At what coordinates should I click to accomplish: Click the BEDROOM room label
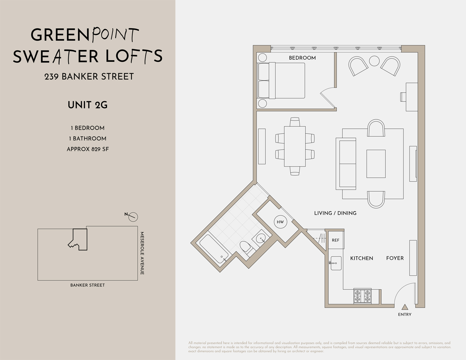pyautogui.click(x=302, y=58)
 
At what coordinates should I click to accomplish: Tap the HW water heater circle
pyautogui.click(x=280, y=222)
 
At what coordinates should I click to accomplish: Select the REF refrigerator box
pyautogui.click(x=336, y=240)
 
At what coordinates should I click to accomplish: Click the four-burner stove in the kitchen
pyautogui.click(x=363, y=296)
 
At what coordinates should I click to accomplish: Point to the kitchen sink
pyautogui.click(x=336, y=263)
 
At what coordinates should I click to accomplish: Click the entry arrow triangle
pyautogui.click(x=404, y=307)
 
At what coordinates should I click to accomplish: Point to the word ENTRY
pyautogui.click(x=404, y=315)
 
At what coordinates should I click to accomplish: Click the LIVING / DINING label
pyautogui.click(x=335, y=213)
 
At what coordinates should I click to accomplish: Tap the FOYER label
pyautogui.click(x=395, y=258)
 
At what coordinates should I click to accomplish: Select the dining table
pyautogui.click(x=295, y=146)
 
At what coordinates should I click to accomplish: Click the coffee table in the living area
pyautogui.click(x=376, y=164)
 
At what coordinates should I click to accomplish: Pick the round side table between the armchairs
pyautogui.click(x=374, y=61)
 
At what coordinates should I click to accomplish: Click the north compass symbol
pyautogui.click(x=133, y=216)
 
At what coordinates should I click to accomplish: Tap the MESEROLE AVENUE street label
pyautogui.click(x=142, y=253)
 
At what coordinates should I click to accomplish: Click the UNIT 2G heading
pyautogui.click(x=88, y=105)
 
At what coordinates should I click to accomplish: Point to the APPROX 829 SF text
pyautogui.click(x=88, y=149)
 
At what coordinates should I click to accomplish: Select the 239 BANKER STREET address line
pyautogui.click(x=89, y=76)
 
